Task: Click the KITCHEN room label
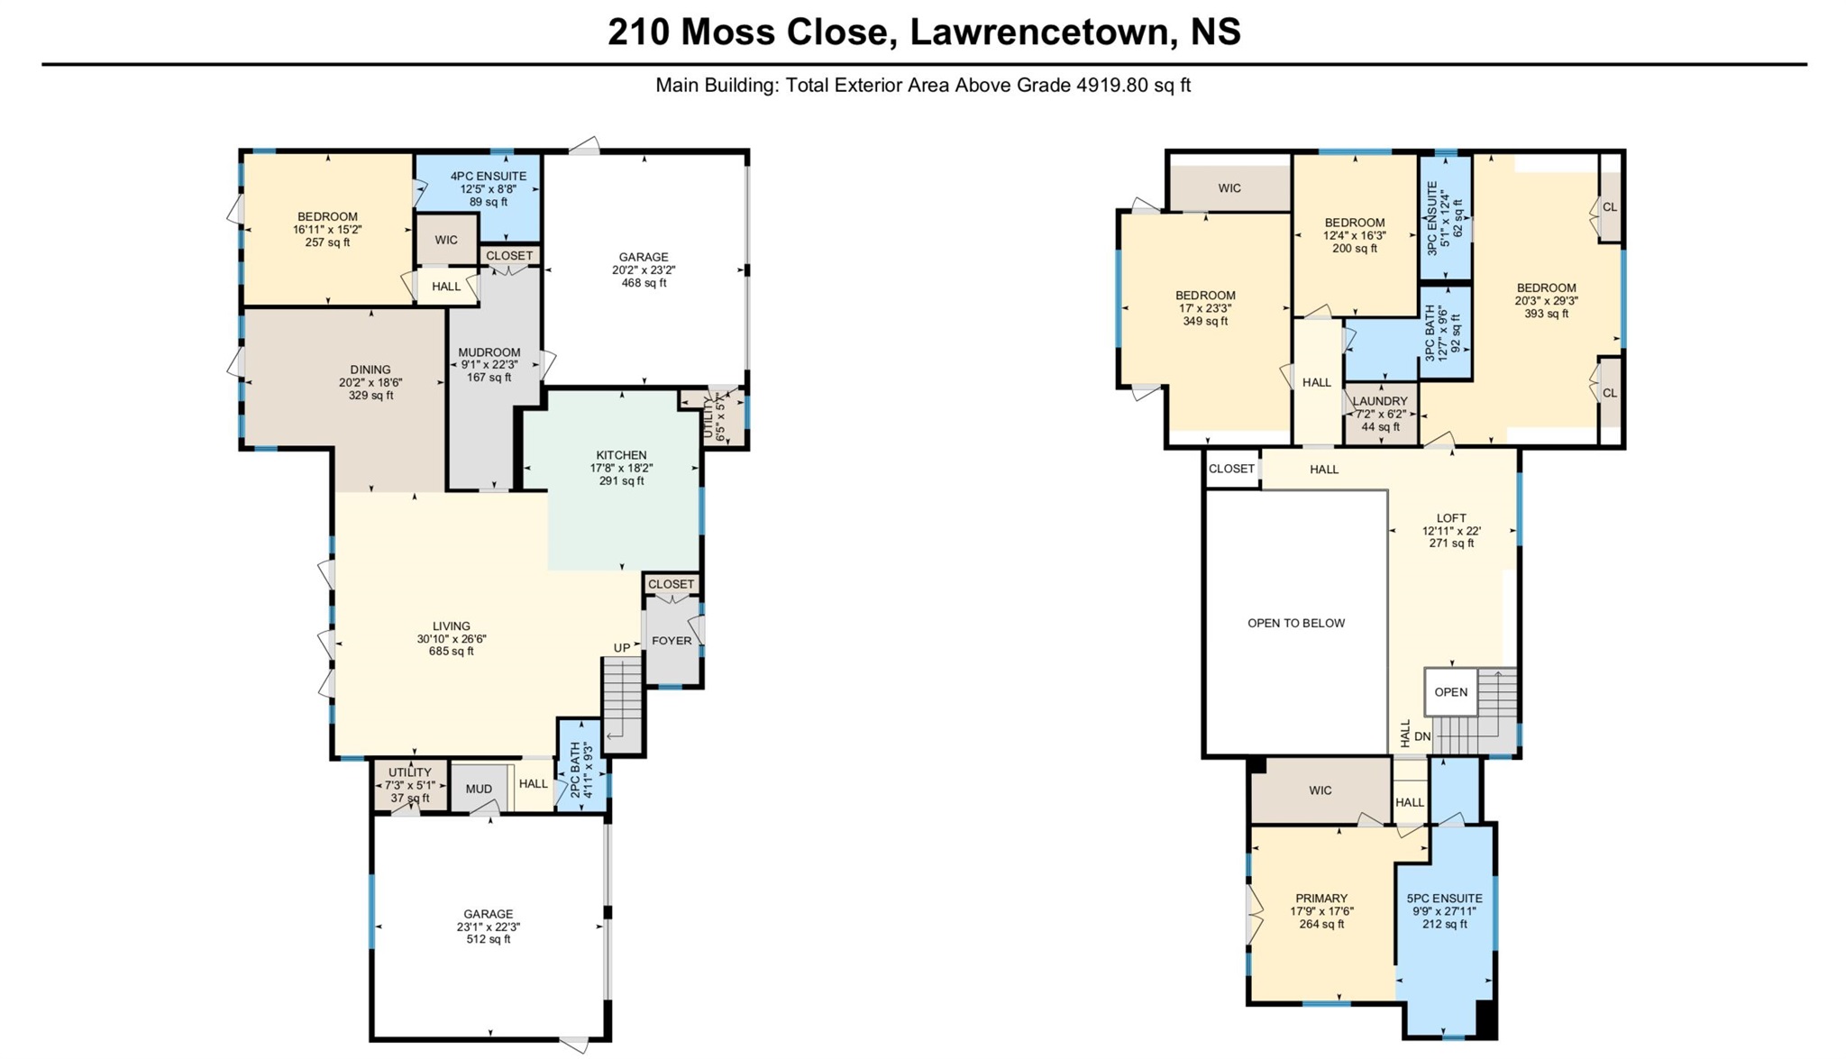click(621, 455)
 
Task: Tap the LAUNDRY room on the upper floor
click(1380, 414)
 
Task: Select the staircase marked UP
click(622, 704)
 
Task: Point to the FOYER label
click(672, 641)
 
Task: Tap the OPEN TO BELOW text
click(1296, 623)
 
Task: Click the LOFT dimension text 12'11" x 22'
click(1451, 531)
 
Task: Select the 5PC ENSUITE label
click(1445, 899)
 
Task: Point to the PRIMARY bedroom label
click(1321, 899)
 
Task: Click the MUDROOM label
click(489, 352)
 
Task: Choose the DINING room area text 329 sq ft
click(370, 396)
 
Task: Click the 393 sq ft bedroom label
click(1547, 314)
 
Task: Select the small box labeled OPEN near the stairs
click(1451, 692)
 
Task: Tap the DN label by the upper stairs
click(1422, 736)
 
